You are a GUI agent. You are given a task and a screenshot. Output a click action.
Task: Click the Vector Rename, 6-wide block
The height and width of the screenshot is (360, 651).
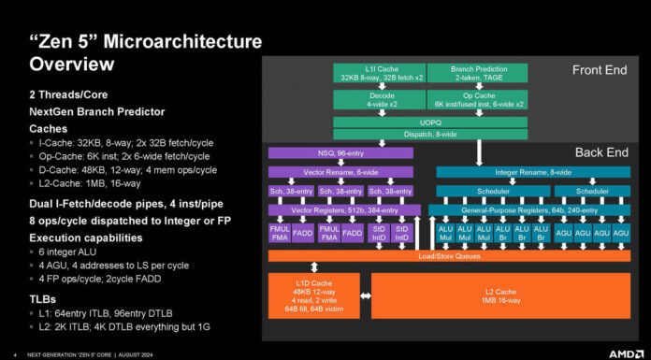pos(343,172)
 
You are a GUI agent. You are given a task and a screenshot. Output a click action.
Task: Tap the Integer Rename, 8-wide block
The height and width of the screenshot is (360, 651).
pos(532,172)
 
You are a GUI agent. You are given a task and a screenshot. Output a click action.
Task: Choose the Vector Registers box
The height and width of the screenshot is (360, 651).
pos(343,210)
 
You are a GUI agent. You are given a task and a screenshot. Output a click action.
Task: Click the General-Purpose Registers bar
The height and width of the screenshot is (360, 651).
pos(532,210)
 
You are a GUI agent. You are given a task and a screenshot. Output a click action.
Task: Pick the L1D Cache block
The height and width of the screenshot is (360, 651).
pos(314,294)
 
